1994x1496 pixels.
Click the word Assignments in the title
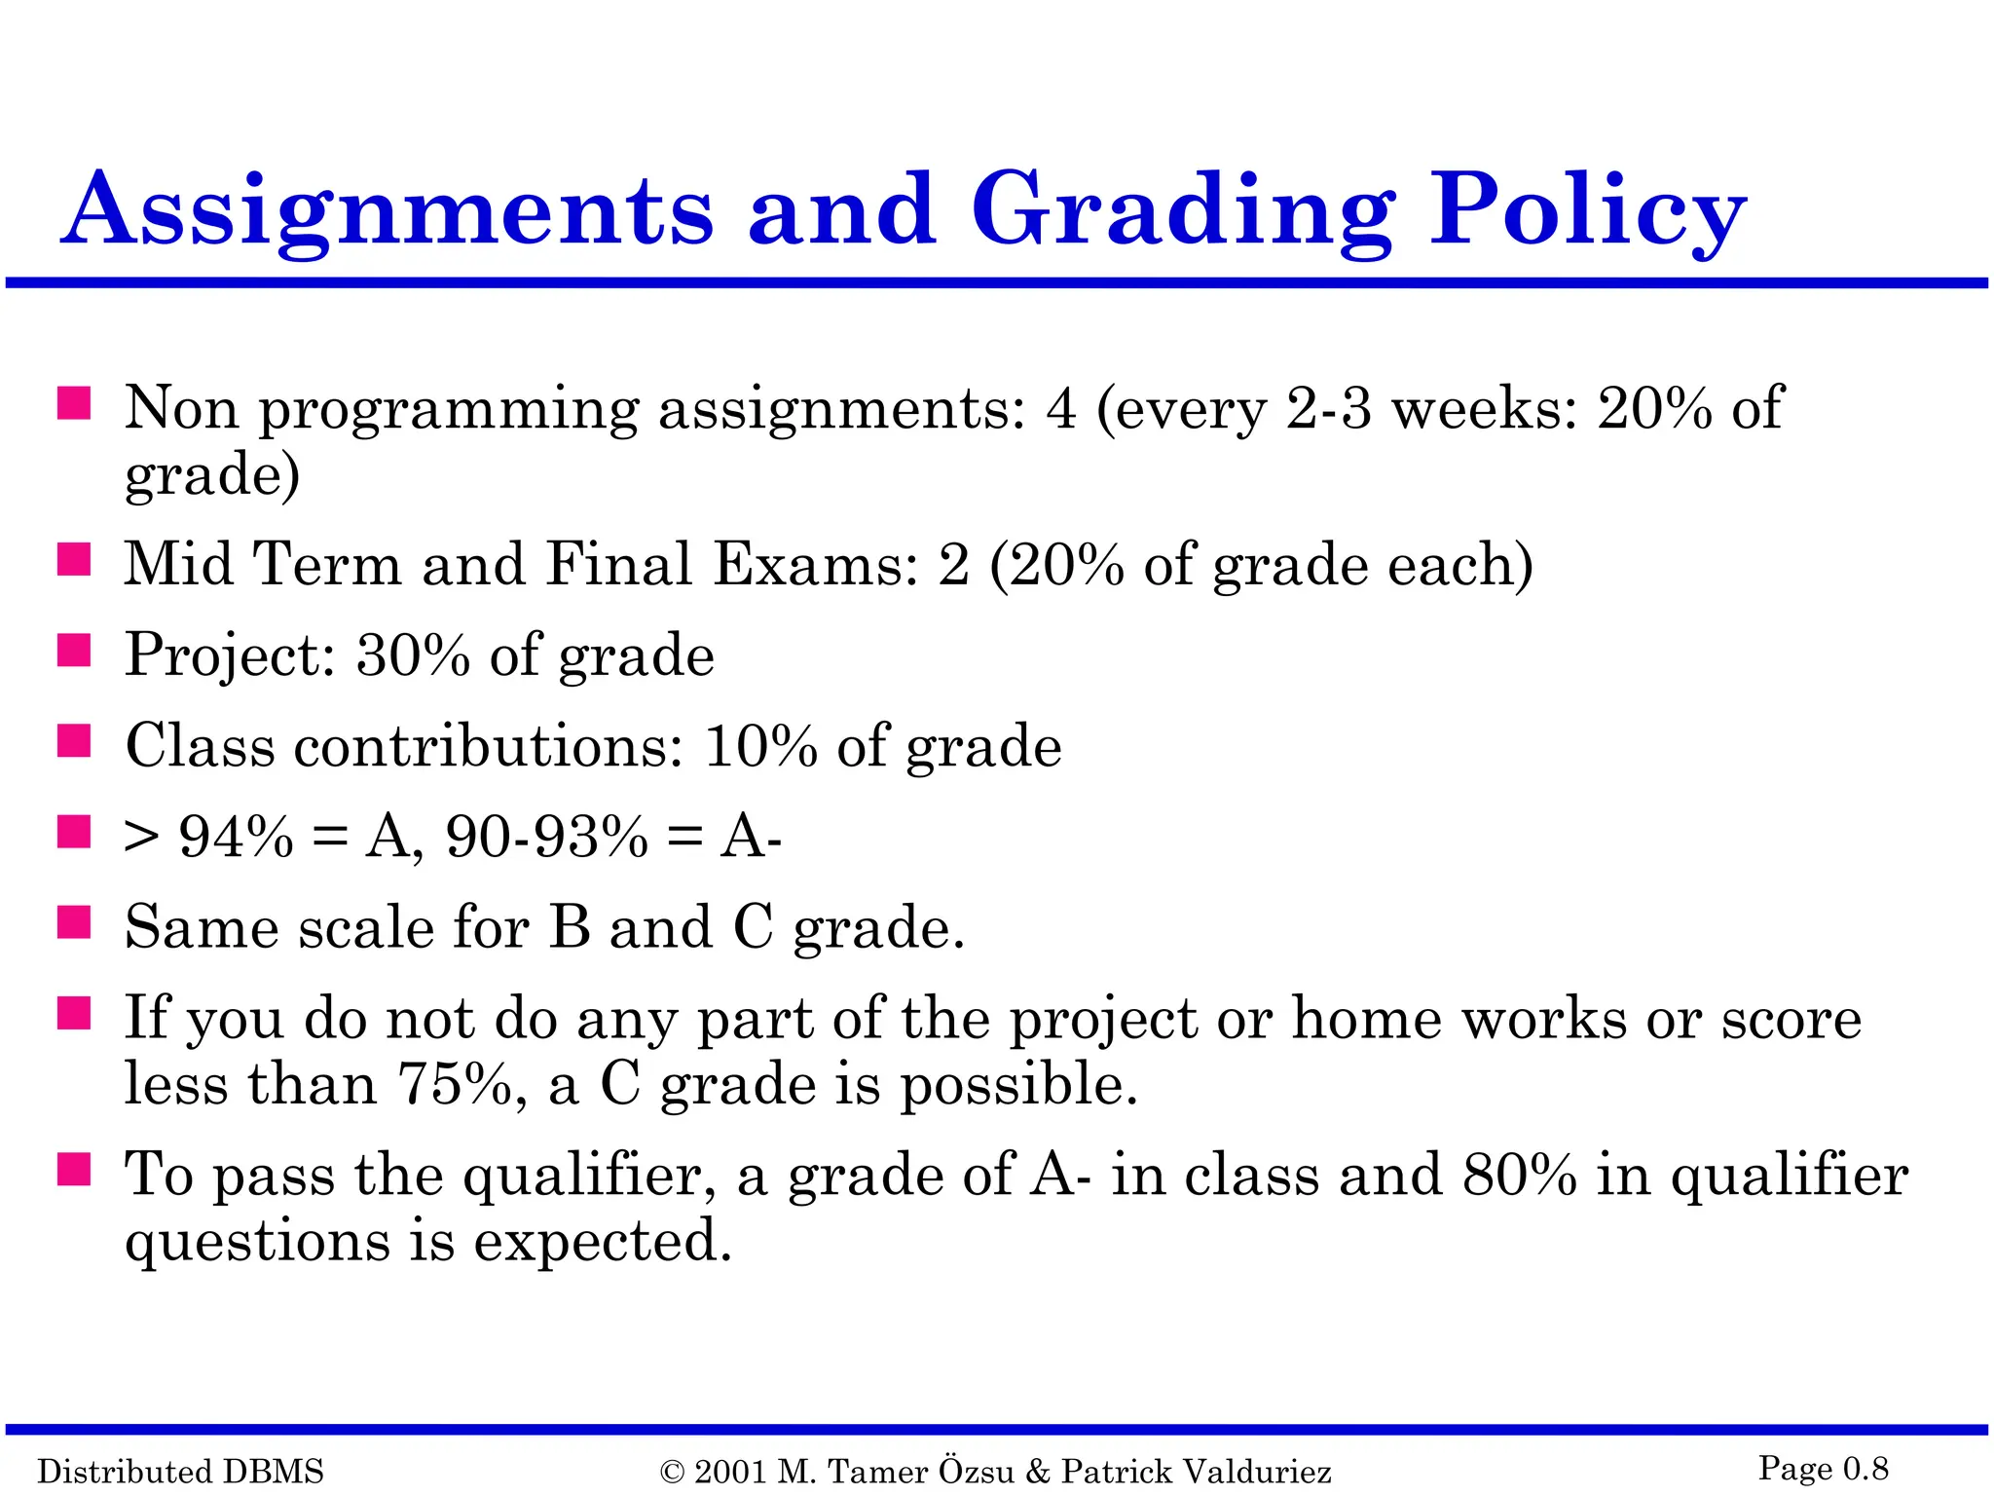point(388,211)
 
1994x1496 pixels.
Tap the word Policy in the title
point(1587,211)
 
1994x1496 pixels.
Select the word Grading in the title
point(1183,211)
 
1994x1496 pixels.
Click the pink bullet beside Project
point(74,651)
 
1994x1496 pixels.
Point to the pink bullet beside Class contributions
point(74,741)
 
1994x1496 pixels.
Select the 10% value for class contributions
point(760,746)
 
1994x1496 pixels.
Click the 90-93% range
point(546,836)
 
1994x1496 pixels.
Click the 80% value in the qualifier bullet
point(1519,1175)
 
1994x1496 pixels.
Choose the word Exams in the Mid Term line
point(815,564)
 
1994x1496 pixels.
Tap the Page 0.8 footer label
point(1823,1468)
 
